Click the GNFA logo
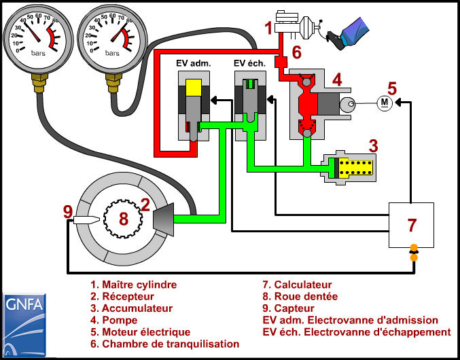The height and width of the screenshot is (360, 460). click(24, 325)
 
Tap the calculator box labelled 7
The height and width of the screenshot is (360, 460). click(411, 225)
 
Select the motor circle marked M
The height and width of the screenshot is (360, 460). click(384, 103)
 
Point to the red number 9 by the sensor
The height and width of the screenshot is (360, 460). click(68, 212)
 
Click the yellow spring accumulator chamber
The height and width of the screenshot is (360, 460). click(355, 167)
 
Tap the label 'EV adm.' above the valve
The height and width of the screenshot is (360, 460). click(194, 63)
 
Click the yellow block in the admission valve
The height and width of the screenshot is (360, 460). click(193, 88)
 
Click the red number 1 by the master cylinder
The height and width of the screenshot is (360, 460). click(268, 28)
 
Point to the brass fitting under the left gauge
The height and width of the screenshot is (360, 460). click(39, 83)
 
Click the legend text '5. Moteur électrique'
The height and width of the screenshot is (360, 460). click(140, 332)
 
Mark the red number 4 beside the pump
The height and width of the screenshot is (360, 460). click(337, 80)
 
